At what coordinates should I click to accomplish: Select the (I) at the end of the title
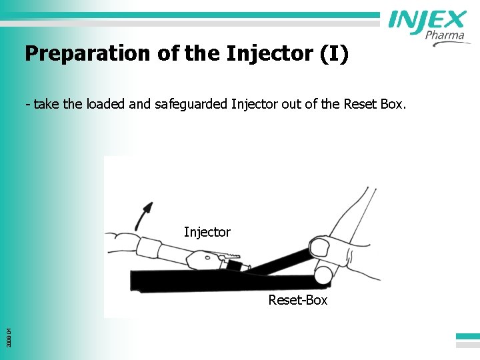(334, 53)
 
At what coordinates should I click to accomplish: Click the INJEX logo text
(427, 21)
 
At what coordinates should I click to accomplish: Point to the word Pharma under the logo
(445, 35)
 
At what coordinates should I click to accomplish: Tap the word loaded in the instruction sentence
(98, 104)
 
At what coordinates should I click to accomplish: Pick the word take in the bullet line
(45, 105)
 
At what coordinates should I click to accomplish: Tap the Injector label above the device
(207, 232)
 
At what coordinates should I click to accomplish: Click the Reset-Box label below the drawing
(298, 300)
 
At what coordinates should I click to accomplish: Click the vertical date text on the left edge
(7, 326)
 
